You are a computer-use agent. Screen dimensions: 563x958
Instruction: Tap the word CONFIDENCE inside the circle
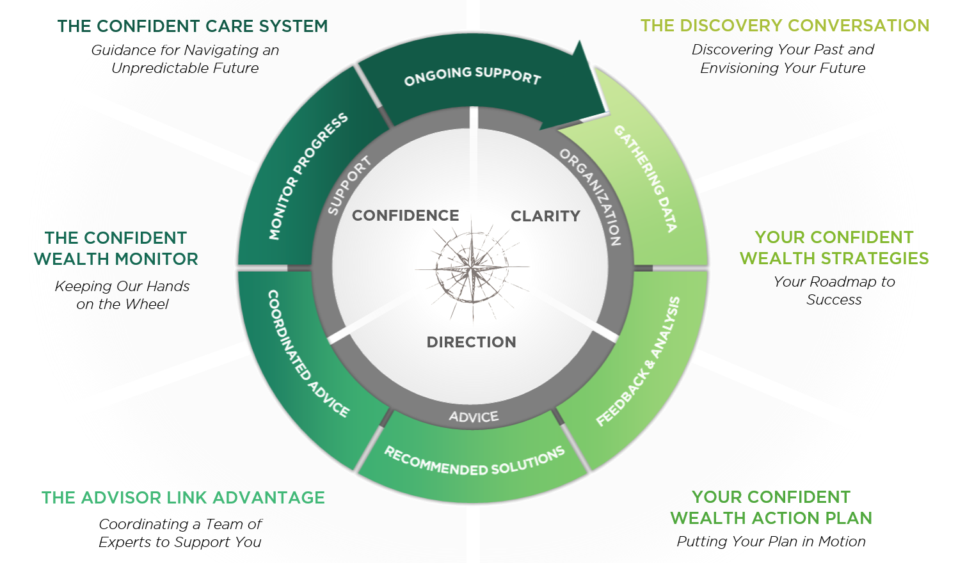406,216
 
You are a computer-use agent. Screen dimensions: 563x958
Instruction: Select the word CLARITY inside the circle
545,216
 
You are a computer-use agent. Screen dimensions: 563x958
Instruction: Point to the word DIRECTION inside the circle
472,342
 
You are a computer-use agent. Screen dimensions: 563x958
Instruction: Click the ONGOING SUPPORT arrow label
472,75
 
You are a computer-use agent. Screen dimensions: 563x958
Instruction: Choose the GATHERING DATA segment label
645,178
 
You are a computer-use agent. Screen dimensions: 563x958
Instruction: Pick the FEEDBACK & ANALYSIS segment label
638,361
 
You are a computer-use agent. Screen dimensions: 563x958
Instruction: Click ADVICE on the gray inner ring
474,417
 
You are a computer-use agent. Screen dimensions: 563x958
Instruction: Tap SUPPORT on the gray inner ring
349,186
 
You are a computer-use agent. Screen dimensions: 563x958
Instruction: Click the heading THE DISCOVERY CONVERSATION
785,26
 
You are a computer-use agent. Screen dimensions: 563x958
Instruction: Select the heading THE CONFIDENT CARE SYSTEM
192,26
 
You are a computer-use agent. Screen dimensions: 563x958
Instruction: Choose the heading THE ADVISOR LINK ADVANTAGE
183,498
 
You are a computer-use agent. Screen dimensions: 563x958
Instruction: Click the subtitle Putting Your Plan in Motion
771,541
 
